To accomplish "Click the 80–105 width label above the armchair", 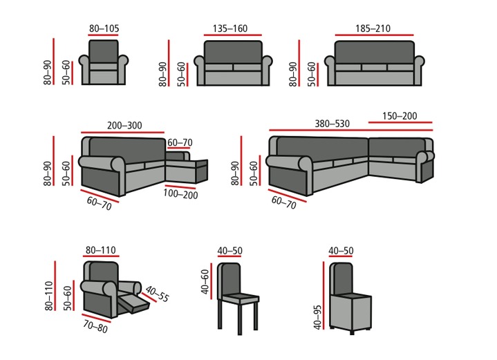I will [x=104, y=28].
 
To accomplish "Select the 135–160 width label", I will [x=228, y=28].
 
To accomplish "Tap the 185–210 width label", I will [x=373, y=28].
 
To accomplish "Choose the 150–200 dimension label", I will [x=399, y=116].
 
